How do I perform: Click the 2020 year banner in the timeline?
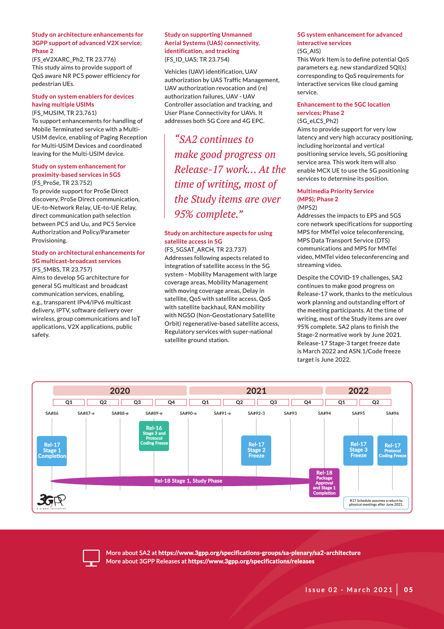(x=120, y=391)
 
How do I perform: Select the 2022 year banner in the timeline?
(x=358, y=391)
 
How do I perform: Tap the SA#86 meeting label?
(x=52, y=413)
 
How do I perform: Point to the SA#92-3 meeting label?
(x=256, y=413)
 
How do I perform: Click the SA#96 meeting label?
(x=392, y=413)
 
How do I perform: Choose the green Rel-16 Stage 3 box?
(x=154, y=436)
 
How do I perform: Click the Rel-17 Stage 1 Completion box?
(x=52, y=451)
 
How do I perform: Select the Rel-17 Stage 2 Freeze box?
(x=256, y=450)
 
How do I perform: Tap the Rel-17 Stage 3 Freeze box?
(x=358, y=450)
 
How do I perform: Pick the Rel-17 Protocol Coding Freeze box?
(x=392, y=450)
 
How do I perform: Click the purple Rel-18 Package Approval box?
(x=324, y=483)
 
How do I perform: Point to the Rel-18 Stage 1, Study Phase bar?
(x=188, y=481)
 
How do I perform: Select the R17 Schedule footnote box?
(x=376, y=503)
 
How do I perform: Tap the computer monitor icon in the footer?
(x=91, y=558)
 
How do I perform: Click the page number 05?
(x=408, y=590)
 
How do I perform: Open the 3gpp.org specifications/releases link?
(x=251, y=562)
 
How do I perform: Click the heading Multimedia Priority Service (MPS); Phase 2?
(x=335, y=195)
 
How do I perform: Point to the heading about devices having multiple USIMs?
(x=83, y=101)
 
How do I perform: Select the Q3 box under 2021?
(x=273, y=402)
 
